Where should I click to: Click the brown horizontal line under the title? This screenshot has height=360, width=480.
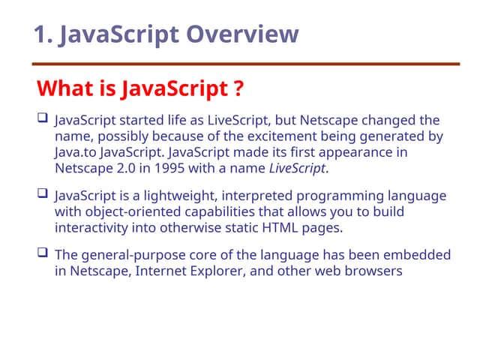[x=247, y=64]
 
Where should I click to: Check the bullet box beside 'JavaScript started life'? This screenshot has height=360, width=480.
[x=42, y=118]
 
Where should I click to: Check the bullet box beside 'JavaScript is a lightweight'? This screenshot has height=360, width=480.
[x=42, y=194]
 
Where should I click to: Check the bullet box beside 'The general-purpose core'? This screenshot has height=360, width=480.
[x=42, y=253]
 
